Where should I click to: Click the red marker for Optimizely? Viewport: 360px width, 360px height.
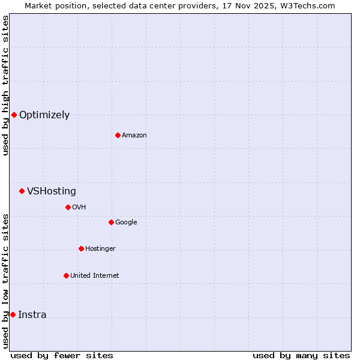(x=14, y=115)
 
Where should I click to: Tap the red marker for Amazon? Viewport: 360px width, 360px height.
(x=118, y=135)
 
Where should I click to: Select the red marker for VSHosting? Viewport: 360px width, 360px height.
(x=22, y=191)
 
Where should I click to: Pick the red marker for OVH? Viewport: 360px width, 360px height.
(x=68, y=207)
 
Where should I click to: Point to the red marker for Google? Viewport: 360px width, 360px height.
(x=111, y=222)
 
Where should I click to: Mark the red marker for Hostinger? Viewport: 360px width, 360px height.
(x=81, y=248)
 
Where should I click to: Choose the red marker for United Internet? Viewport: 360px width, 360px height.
(x=66, y=275)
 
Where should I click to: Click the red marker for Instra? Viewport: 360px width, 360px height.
(x=13, y=314)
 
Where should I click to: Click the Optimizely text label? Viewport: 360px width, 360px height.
(x=44, y=115)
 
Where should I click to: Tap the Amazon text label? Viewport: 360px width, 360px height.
(x=134, y=135)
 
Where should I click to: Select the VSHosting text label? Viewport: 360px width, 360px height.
(x=52, y=191)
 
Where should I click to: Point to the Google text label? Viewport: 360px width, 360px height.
(x=126, y=222)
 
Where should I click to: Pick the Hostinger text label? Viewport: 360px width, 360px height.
(x=100, y=248)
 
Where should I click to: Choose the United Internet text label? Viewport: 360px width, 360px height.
(x=95, y=275)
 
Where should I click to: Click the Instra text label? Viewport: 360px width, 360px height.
(x=32, y=315)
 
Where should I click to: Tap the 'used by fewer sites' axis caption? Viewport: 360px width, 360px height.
(x=62, y=355)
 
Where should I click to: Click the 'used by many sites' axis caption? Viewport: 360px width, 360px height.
(x=301, y=355)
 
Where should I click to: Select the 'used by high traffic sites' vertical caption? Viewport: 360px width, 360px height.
(x=5, y=86)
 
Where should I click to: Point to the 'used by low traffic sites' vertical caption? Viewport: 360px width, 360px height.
(x=5, y=281)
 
